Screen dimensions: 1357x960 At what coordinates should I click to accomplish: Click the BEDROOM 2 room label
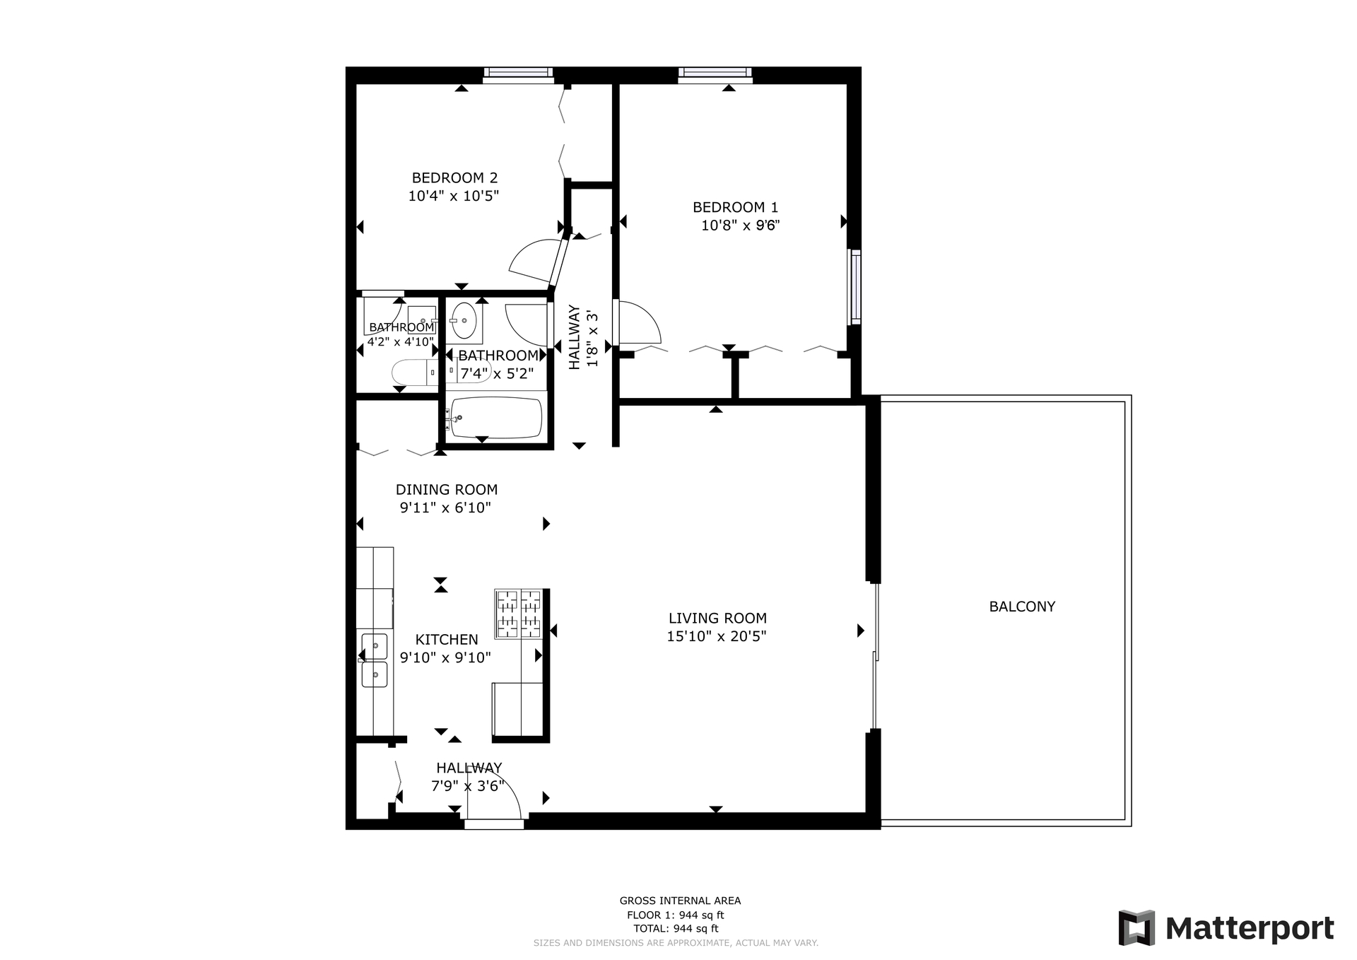[454, 177]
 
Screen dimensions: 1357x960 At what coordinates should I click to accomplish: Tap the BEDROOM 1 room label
[735, 207]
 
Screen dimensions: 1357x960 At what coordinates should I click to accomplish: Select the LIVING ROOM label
[717, 618]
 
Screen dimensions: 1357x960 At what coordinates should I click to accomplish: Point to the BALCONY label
[1022, 607]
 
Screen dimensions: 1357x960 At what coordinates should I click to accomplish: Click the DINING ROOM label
[447, 489]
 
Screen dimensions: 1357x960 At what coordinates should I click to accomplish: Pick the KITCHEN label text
[447, 639]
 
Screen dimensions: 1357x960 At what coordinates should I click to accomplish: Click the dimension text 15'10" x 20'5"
[717, 636]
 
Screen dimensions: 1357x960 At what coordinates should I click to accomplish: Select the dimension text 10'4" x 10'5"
[454, 196]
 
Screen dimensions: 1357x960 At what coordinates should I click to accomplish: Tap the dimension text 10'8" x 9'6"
[740, 226]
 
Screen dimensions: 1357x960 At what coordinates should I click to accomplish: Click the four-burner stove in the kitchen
[519, 614]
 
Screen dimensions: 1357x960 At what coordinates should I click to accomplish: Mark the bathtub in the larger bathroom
[496, 417]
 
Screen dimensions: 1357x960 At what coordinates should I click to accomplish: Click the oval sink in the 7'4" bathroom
[464, 320]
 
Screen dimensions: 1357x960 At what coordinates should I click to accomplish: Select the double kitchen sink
[374, 660]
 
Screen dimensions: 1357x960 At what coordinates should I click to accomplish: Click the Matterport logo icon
[1136, 927]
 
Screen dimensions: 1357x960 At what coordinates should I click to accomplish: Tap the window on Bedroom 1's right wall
[855, 287]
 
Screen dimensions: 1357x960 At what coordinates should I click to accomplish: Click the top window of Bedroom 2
[518, 74]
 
